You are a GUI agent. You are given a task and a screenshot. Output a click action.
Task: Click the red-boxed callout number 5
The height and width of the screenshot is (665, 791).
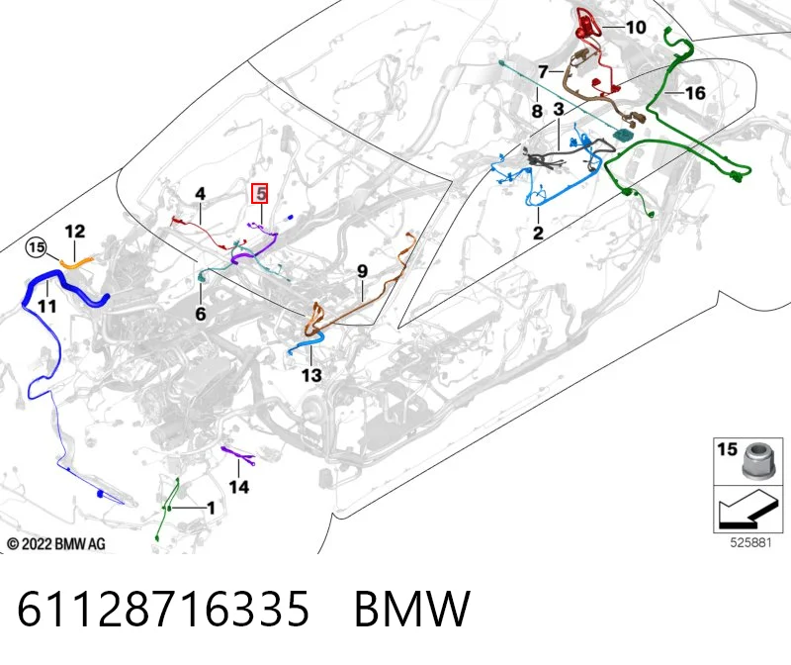[x=260, y=193]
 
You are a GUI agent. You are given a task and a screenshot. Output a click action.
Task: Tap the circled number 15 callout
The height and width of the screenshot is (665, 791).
[x=37, y=247]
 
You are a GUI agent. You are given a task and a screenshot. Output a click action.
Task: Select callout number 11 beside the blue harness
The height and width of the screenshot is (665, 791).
[x=46, y=306]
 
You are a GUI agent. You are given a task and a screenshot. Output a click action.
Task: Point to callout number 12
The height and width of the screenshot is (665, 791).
[x=75, y=232]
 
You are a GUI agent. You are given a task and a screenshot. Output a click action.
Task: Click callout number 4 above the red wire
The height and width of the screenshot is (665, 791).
[x=201, y=193]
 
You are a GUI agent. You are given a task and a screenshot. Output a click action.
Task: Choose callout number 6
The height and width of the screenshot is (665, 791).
[x=201, y=314]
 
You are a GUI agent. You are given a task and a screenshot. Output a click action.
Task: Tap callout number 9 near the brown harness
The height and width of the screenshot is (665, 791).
[x=362, y=271]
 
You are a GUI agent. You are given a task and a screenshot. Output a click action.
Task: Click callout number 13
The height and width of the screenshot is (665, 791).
[x=311, y=375]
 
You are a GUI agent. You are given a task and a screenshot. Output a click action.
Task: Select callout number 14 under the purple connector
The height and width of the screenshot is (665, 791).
[x=238, y=487]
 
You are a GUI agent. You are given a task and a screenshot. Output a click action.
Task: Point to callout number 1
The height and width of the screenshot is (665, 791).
[x=211, y=508]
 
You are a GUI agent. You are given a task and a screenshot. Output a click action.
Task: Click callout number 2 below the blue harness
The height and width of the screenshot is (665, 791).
[x=538, y=233]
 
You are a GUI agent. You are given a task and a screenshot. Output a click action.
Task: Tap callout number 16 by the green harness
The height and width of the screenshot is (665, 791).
[x=695, y=93]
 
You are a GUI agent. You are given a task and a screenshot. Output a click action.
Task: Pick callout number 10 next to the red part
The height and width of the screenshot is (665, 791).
[x=636, y=28]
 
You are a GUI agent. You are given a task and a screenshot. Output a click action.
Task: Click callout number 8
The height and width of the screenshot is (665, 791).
[x=537, y=111]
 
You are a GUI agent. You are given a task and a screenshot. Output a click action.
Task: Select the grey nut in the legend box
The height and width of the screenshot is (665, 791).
[x=755, y=460]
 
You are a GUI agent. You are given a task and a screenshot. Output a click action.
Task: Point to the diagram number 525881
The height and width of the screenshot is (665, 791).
[x=750, y=543]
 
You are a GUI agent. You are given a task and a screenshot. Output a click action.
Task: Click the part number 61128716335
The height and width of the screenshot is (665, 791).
[x=163, y=609]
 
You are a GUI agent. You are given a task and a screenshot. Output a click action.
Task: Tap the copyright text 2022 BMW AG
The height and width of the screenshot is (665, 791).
[x=56, y=544]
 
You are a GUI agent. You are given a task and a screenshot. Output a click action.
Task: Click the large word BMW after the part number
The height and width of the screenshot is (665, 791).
[x=412, y=609]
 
